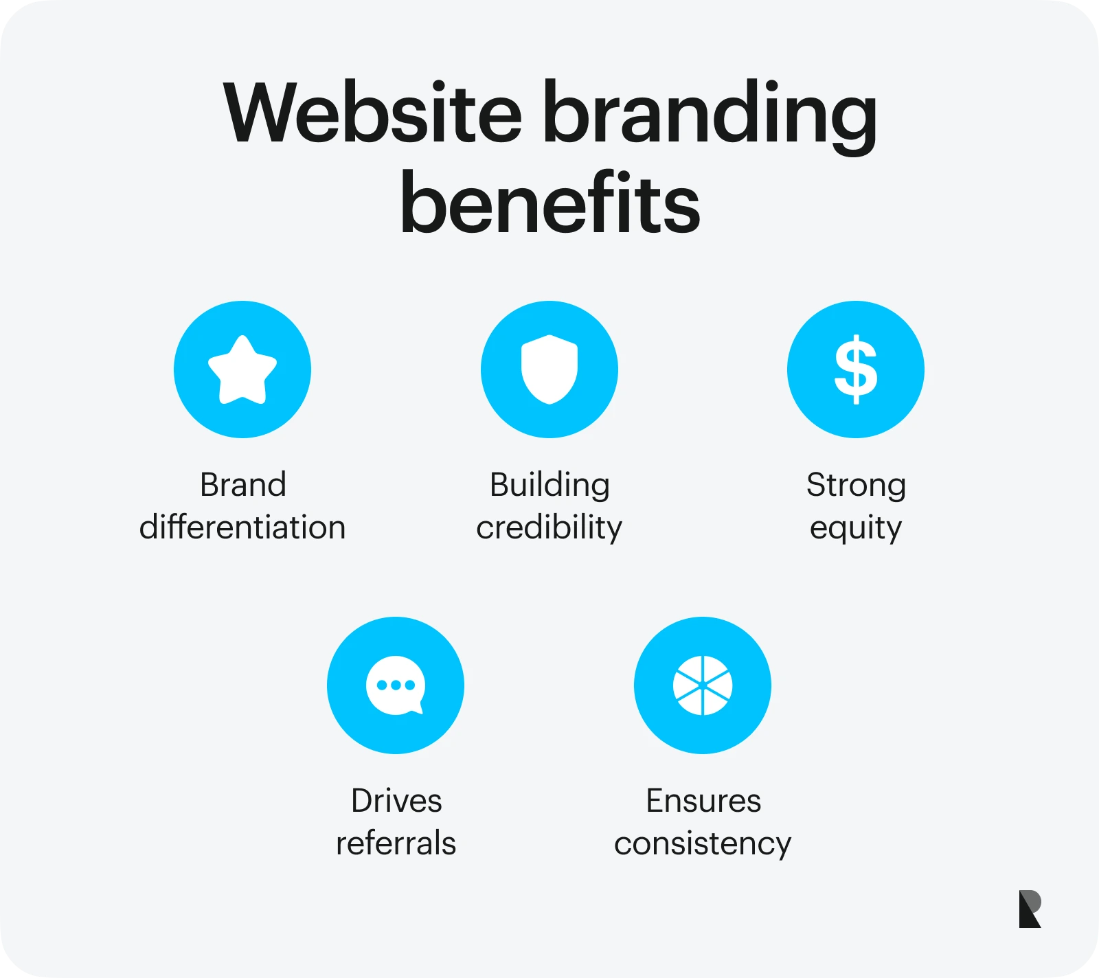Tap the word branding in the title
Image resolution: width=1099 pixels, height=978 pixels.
click(x=711, y=117)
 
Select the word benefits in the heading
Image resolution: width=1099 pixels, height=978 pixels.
click(x=549, y=202)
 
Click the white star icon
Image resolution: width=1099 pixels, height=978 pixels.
click(x=242, y=369)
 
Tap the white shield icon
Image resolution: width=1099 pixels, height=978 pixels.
click(x=549, y=369)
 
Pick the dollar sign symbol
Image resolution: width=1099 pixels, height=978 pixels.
click(x=856, y=369)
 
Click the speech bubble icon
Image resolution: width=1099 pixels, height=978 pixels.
click(x=396, y=685)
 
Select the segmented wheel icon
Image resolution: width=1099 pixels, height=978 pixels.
click(x=703, y=685)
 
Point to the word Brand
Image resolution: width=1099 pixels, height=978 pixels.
click(x=243, y=485)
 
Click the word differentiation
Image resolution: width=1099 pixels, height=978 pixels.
click(x=242, y=527)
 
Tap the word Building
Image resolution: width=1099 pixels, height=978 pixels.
click(x=549, y=486)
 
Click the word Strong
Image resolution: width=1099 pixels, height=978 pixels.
click(x=856, y=486)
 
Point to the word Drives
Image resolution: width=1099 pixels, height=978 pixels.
click(x=396, y=801)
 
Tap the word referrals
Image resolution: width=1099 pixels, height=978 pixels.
click(x=396, y=843)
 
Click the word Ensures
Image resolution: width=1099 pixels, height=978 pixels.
click(x=703, y=801)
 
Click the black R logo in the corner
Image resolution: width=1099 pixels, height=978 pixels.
click(x=1030, y=909)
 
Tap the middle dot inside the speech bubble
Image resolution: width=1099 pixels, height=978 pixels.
click(x=396, y=685)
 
